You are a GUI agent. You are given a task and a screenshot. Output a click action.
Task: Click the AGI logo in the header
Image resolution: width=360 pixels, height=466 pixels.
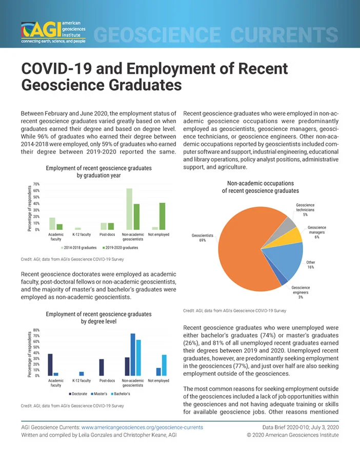[x=53, y=32]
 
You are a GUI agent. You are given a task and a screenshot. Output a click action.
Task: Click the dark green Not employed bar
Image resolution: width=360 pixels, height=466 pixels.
[x=162, y=217]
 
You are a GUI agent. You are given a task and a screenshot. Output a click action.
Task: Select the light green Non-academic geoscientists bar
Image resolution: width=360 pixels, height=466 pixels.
[x=129, y=209]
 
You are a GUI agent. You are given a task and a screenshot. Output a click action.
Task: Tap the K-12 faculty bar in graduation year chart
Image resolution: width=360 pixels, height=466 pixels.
[x=78, y=228]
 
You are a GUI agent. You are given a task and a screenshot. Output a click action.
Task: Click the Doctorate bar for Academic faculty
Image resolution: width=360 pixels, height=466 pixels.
[x=50, y=365]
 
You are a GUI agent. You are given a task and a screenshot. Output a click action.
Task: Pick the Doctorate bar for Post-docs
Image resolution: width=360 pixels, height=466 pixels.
[x=102, y=367]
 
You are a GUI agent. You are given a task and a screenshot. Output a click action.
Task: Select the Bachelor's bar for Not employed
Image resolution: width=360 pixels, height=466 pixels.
[x=164, y=365]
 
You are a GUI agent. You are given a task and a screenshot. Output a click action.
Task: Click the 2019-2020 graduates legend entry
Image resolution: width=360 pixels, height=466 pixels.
[x=121, y=247]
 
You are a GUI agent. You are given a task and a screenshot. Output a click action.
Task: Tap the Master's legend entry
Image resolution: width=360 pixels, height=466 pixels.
[x=99, y=394]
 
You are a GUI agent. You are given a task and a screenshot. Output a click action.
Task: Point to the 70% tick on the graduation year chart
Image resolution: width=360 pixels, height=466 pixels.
[x=36, y=184]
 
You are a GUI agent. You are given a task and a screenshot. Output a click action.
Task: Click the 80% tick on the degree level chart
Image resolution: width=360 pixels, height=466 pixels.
[x=36, y=330]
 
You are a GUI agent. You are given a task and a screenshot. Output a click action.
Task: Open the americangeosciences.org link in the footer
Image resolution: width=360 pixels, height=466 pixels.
[x=142, y=428]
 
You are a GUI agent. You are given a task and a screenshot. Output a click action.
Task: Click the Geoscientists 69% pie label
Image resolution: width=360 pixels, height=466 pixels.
[x=202, y=238]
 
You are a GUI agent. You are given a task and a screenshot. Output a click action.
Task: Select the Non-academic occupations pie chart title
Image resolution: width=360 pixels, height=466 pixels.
[x=261, y=187]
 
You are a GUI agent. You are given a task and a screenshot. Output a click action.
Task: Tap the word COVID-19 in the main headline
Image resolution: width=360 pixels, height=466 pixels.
[x=56, y=69]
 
